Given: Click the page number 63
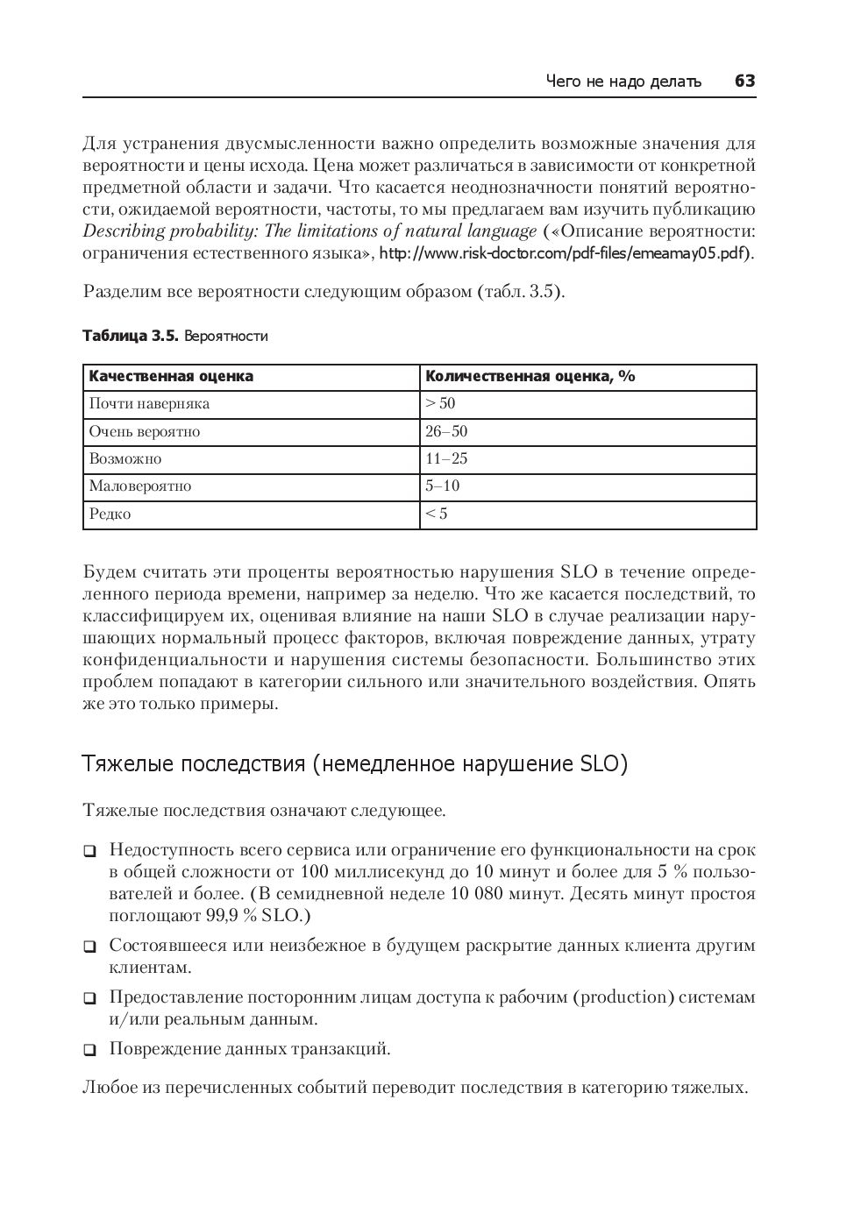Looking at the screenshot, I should pyautogui.click(x=744, y=82).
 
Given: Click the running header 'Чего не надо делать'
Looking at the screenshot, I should pyautogui.click(x=623, y=82).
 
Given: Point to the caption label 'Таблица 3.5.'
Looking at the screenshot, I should pyautogui.click(x=131, y=337).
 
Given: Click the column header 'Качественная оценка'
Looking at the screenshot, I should pyautogui.click(x=171, y=377).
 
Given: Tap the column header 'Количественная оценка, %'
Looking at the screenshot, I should pyautogui.click(x=530, y=377).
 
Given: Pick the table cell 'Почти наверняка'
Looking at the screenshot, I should pyautogui.click(x=149, y=404).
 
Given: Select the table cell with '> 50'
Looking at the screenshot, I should pyautogui.click(x=440, y=404).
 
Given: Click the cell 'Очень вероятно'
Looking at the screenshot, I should pyautogui.click(x=145, y=432).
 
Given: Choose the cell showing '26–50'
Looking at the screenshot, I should pyautogui.click(x=446, y=432).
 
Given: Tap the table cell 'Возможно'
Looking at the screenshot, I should pyautogui.click(x=125, y=459).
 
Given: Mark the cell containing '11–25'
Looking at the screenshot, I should pyautogui.click(x=446, y=459).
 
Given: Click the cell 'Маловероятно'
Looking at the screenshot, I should pyautogui.click(x=140, y=486).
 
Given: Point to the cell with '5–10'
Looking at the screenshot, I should pyautogui.click(x=443, y=486).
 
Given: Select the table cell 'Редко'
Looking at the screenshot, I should pyautogui.click(x=110, y=514).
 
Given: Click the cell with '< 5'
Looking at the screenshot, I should pyautogui.click(x=437, y=514).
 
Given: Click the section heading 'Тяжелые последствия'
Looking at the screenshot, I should pyautogui.click(x=355, y=764).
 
